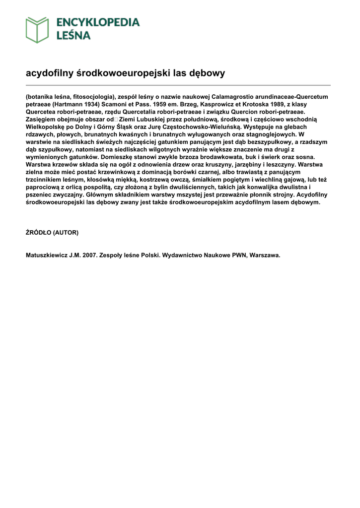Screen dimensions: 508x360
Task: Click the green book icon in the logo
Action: tap(37, 29)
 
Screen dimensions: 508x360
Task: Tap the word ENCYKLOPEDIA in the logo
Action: tap(98, 22)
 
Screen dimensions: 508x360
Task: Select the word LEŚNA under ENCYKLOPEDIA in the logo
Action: tap(73, 35)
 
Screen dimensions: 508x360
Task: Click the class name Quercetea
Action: tap(43, 112)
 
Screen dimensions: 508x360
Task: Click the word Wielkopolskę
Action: tap(47, 127)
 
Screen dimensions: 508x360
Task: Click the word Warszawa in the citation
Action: tap(265, 255)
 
